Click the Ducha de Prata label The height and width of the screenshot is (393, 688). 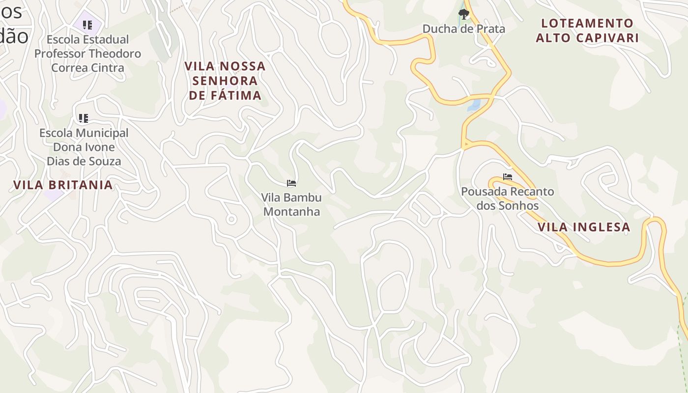463,29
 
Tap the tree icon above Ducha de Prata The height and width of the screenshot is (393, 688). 463,14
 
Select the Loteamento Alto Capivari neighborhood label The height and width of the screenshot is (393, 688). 587,30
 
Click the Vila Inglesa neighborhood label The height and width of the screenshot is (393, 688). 583,227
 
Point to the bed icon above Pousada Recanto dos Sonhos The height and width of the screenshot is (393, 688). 507,177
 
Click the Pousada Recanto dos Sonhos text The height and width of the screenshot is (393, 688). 507,198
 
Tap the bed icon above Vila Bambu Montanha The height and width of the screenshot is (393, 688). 291,183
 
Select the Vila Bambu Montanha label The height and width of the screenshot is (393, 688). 291,204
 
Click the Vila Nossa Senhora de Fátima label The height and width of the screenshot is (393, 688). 225,81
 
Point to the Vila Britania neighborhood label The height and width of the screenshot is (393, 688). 63,185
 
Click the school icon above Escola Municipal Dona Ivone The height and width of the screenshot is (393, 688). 84,118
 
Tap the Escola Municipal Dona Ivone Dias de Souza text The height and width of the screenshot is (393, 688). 84,147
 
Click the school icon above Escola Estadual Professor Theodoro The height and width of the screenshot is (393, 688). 87,25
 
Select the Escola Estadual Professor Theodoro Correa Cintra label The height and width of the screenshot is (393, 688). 87,53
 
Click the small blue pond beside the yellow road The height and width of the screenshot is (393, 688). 474,105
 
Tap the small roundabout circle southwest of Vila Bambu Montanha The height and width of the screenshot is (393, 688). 231,219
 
